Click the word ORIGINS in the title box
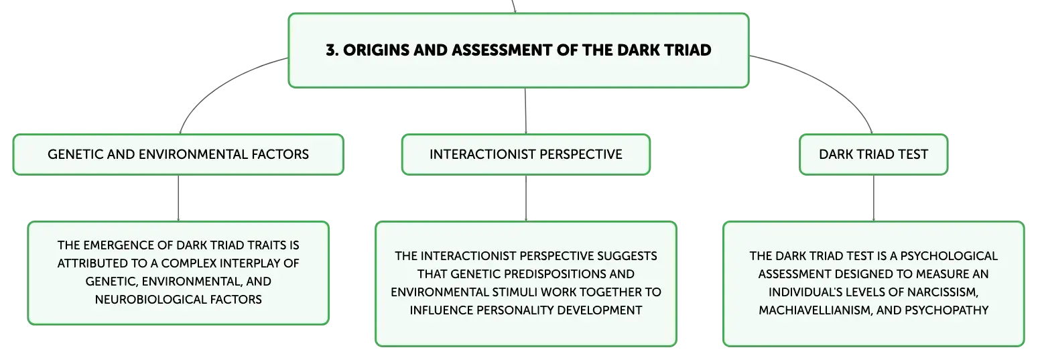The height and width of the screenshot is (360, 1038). pyautogui.click(x=375, y=50)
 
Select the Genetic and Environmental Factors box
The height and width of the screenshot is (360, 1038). pyautogui.click(x=178, y=154)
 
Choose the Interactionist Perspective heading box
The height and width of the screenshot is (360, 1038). pyautogui.click(x=526, y=154)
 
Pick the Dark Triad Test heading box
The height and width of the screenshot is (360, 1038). pyautogui.click(x=874, y=154)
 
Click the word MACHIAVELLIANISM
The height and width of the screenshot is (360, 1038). pyautogui.click(x=816, y=310)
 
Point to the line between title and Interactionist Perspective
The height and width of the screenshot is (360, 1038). pyautogui.click(x=525, y=111)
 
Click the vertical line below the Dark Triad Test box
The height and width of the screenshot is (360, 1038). pyautogui.click(x=874, y=198)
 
